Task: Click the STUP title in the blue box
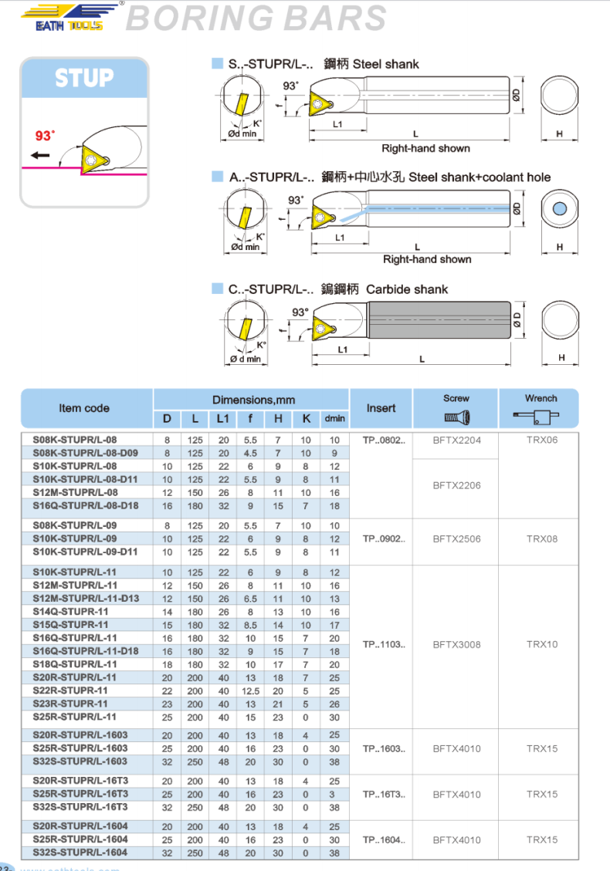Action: coord(83,78)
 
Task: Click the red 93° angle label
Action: coord(46,136)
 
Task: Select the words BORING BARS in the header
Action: coord(256,19)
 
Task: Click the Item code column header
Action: coord(84,408)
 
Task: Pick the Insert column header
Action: coord(381,408)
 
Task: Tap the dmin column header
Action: coord(334,419)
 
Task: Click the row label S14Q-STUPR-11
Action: coord(70,612)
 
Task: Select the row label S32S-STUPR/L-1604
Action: coord(80,852)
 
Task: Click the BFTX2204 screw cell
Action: coord(456,440)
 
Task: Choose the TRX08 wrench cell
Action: coord(541,539)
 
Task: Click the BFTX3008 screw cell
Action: coord(456,644)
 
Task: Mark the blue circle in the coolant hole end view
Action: coord(560,210)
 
